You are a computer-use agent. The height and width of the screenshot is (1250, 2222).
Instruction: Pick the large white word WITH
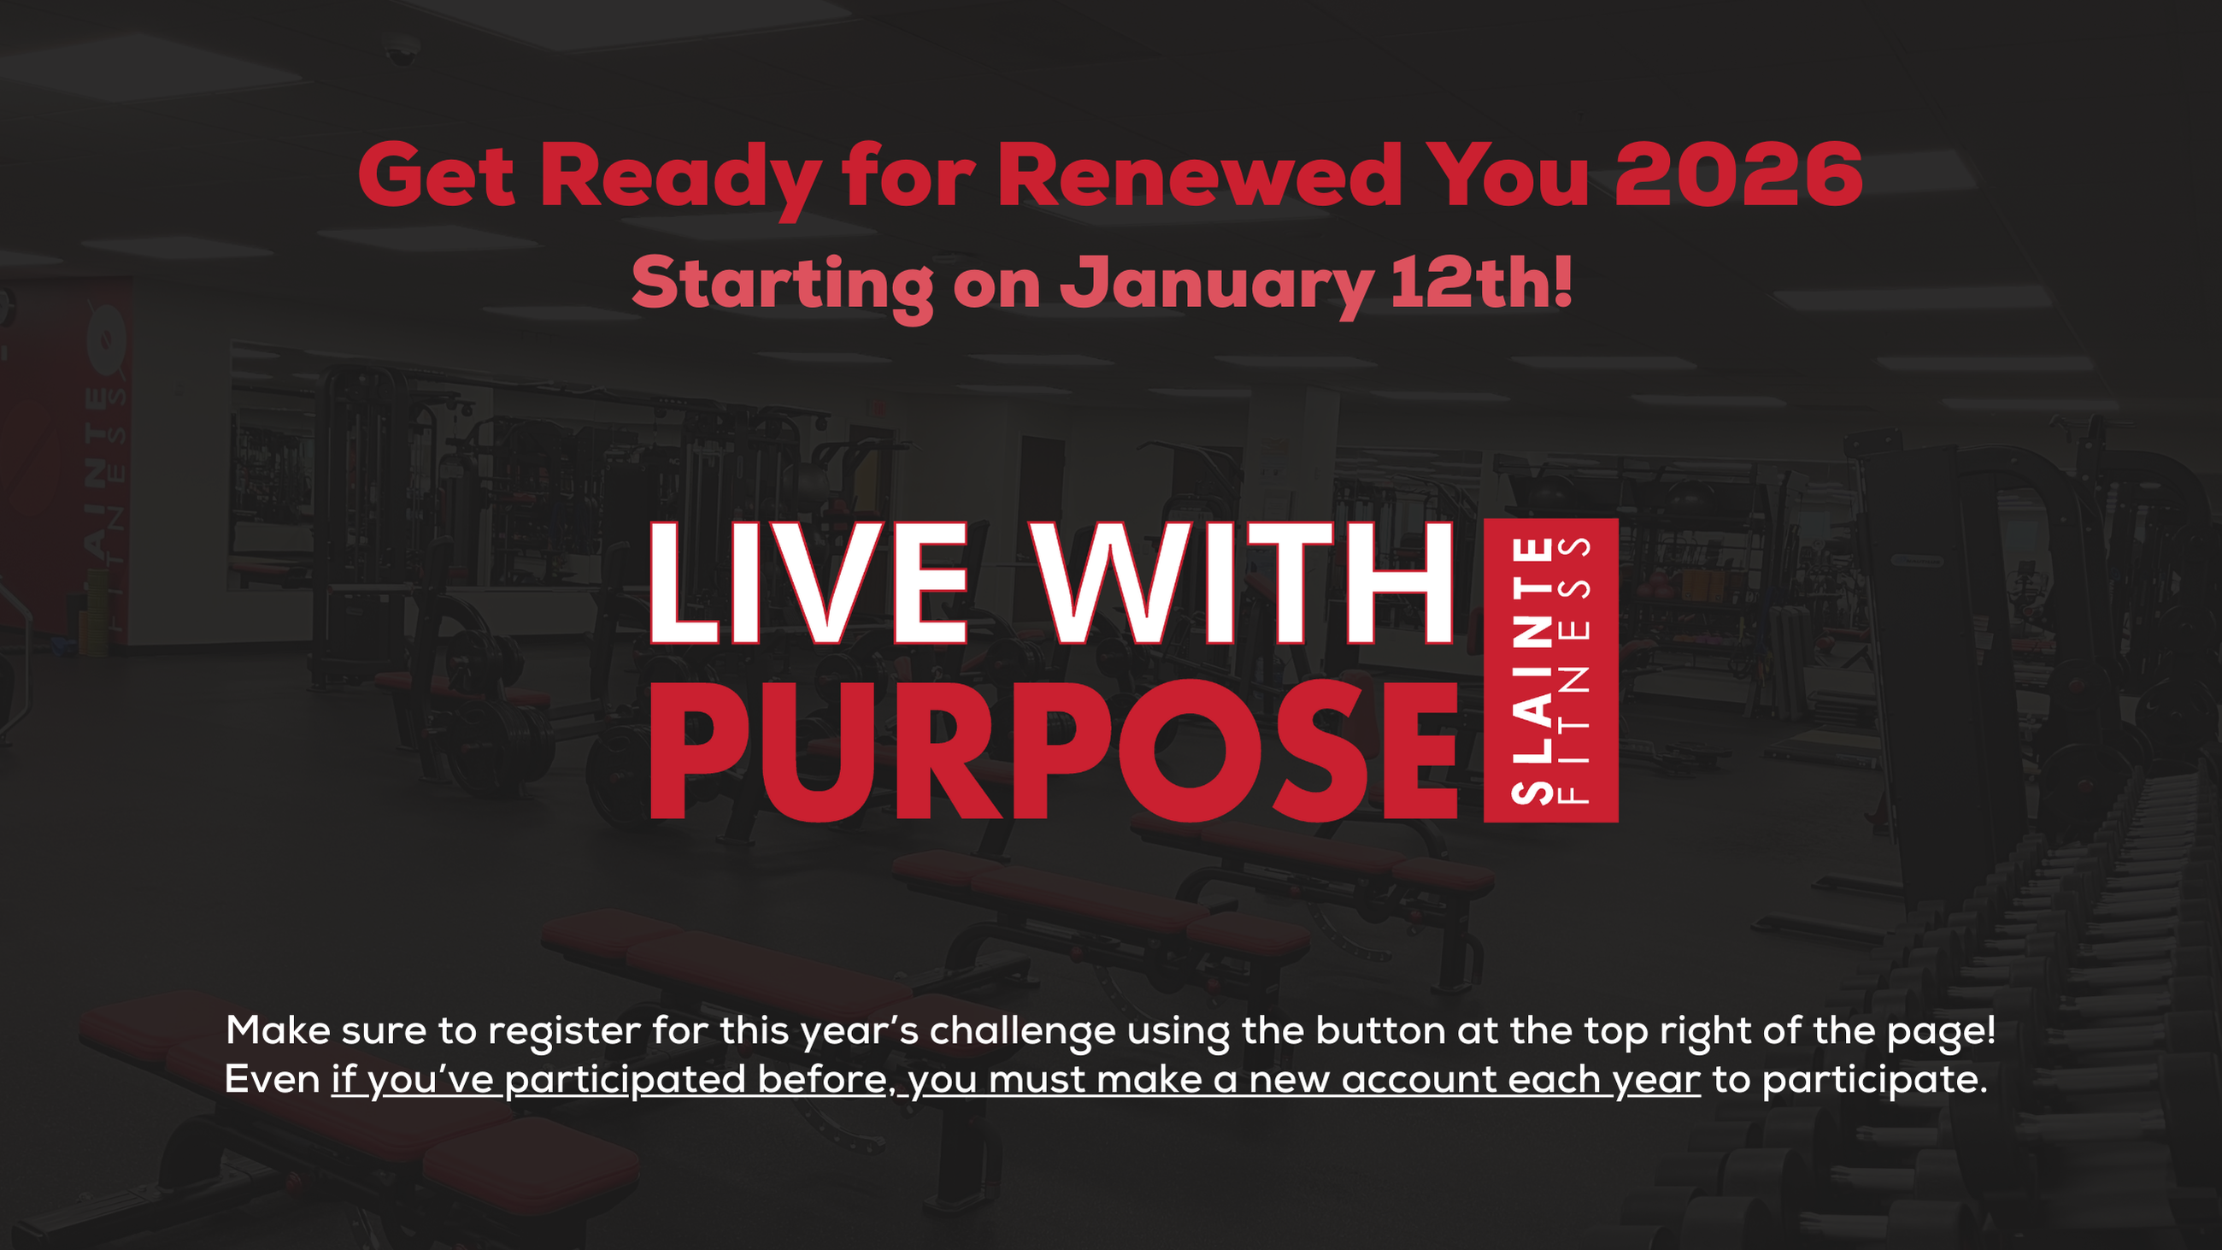(1243, 583)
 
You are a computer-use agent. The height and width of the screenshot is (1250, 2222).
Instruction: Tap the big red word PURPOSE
(1053, 751)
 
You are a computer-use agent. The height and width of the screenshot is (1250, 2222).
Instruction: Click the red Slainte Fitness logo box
(1550, 670)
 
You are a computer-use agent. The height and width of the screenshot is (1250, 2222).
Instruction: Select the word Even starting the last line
(273, 1079)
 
